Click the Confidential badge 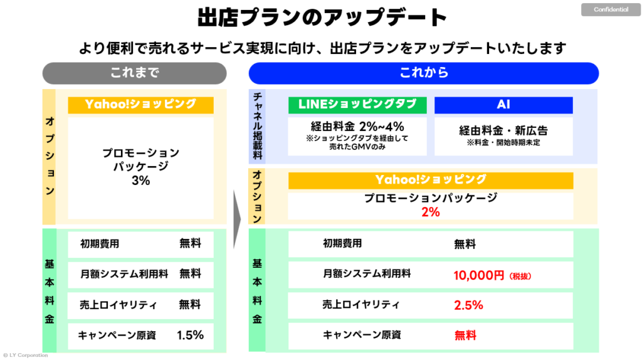coord(611,10)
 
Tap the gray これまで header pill coord(135,73)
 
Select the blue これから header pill coord(424,73)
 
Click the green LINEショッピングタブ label coord(357,105)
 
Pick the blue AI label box coord(503,105)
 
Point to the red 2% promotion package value coord(430,212)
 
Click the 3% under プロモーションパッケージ coord(140,181)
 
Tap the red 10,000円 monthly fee coord(478,275)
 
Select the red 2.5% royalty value coord(468,305)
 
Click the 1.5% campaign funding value coord(190,335)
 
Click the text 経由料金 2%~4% coord(357,126)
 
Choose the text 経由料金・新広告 coord(503,130)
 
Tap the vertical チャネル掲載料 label coord(258,125)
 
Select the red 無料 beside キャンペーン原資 coord(465,336)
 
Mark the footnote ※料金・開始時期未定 coord(503,143)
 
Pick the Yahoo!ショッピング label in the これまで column coord(140,105)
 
